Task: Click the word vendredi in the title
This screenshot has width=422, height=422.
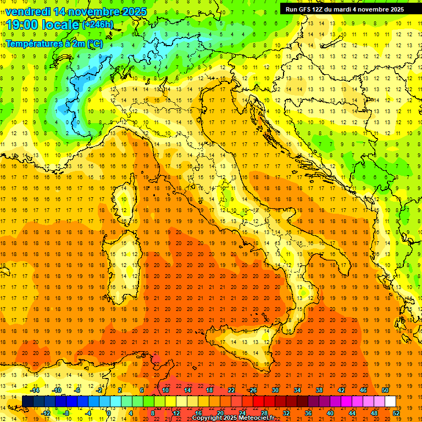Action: click(x=28, y=12)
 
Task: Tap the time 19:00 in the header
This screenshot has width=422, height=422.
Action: click(x=21, y=24)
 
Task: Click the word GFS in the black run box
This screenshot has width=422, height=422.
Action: click(x=308, y=9)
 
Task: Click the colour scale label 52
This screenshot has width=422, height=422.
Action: click(x=396, y=413)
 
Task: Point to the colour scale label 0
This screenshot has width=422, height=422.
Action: click(x=109, y=413)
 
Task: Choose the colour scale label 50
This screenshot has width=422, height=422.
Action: click(x=385, y=390)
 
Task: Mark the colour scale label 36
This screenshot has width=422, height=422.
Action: click(x=308, y=413)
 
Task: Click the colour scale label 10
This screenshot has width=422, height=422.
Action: click(x=165, y=390)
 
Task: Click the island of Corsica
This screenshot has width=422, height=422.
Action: click(x=125, y=200)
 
